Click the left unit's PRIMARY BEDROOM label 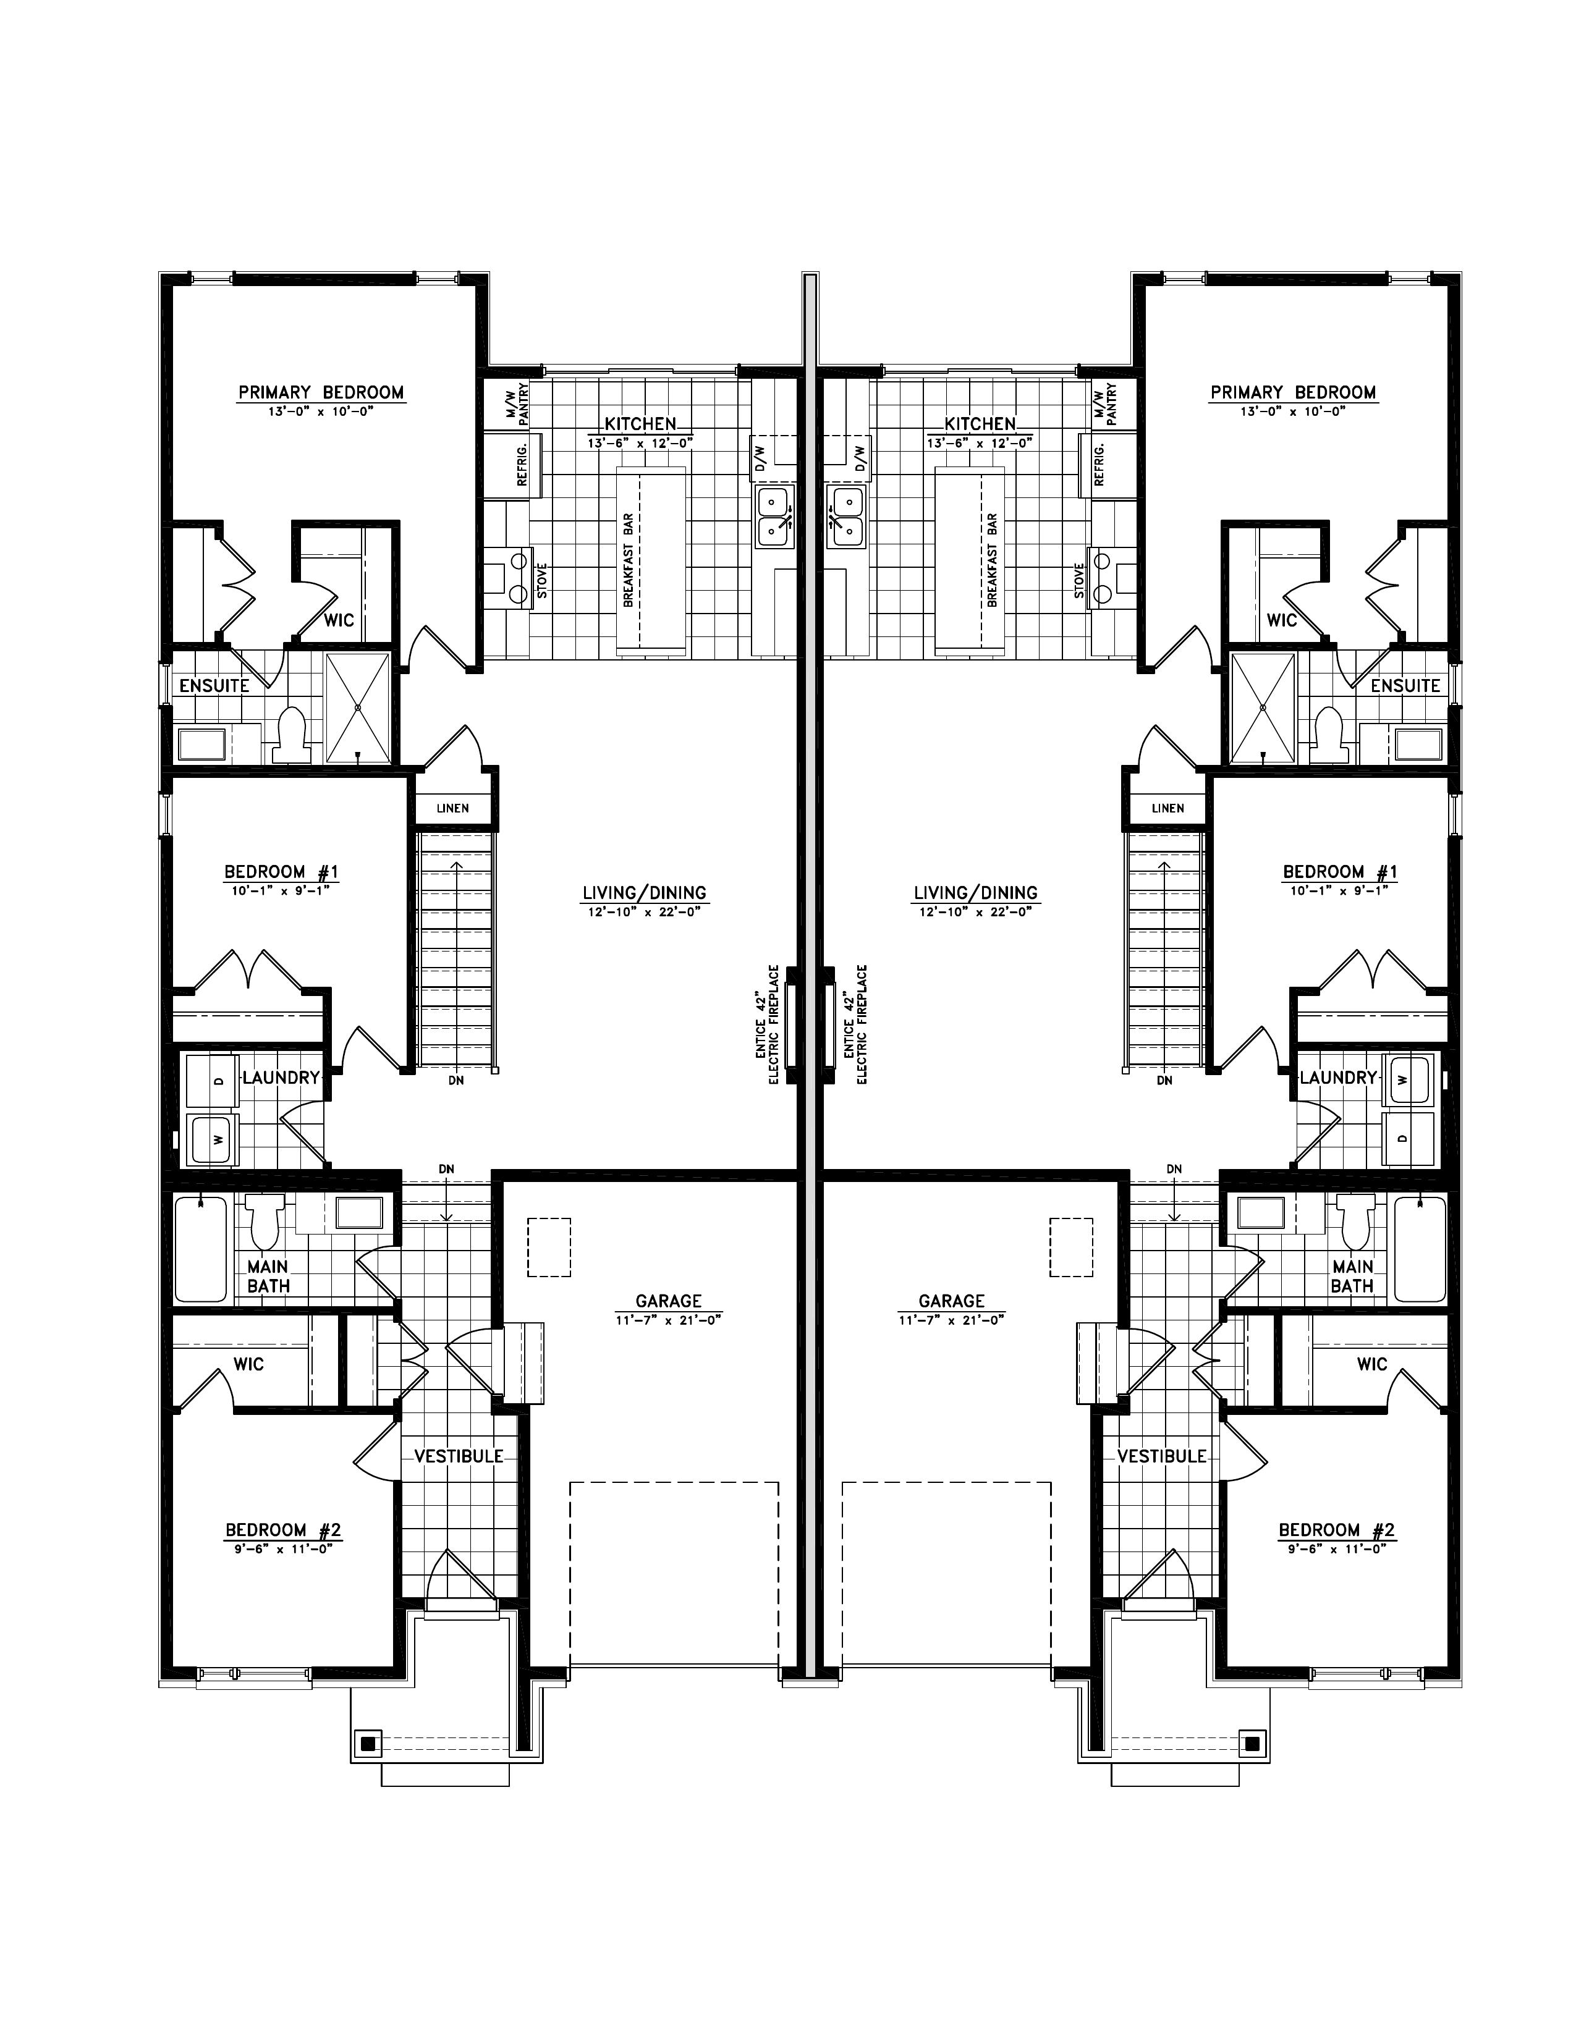(321, 392)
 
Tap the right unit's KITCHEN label (980, 424)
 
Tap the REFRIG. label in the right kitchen (1099, 465)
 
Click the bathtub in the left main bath (201, 1249)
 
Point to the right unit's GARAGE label (951, 1301)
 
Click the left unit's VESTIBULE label (459, 1456)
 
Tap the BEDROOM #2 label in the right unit (1337, 1530)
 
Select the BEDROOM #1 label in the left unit (281, 872)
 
